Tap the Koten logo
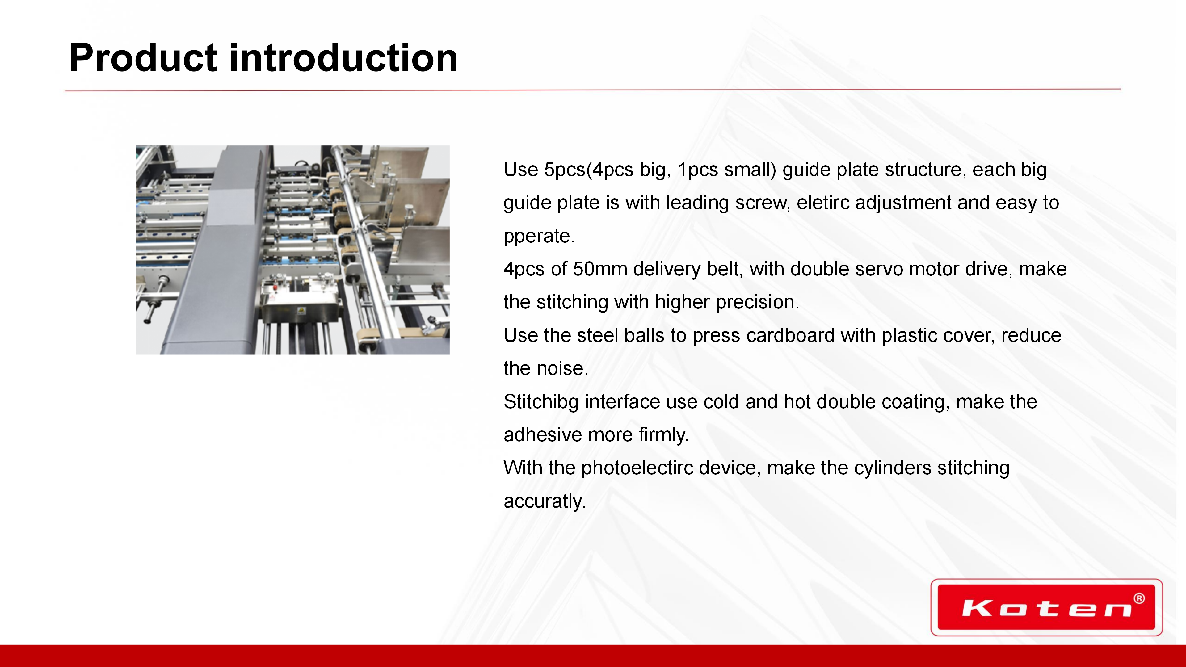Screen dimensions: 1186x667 [x=1046, y=607]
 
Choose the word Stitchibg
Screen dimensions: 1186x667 [x=541, y=402]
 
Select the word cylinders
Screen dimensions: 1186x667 [x=893, y=468]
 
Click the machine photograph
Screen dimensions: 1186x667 [x=293, y=250]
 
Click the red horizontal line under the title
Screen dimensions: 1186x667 [x=593, y=90]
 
